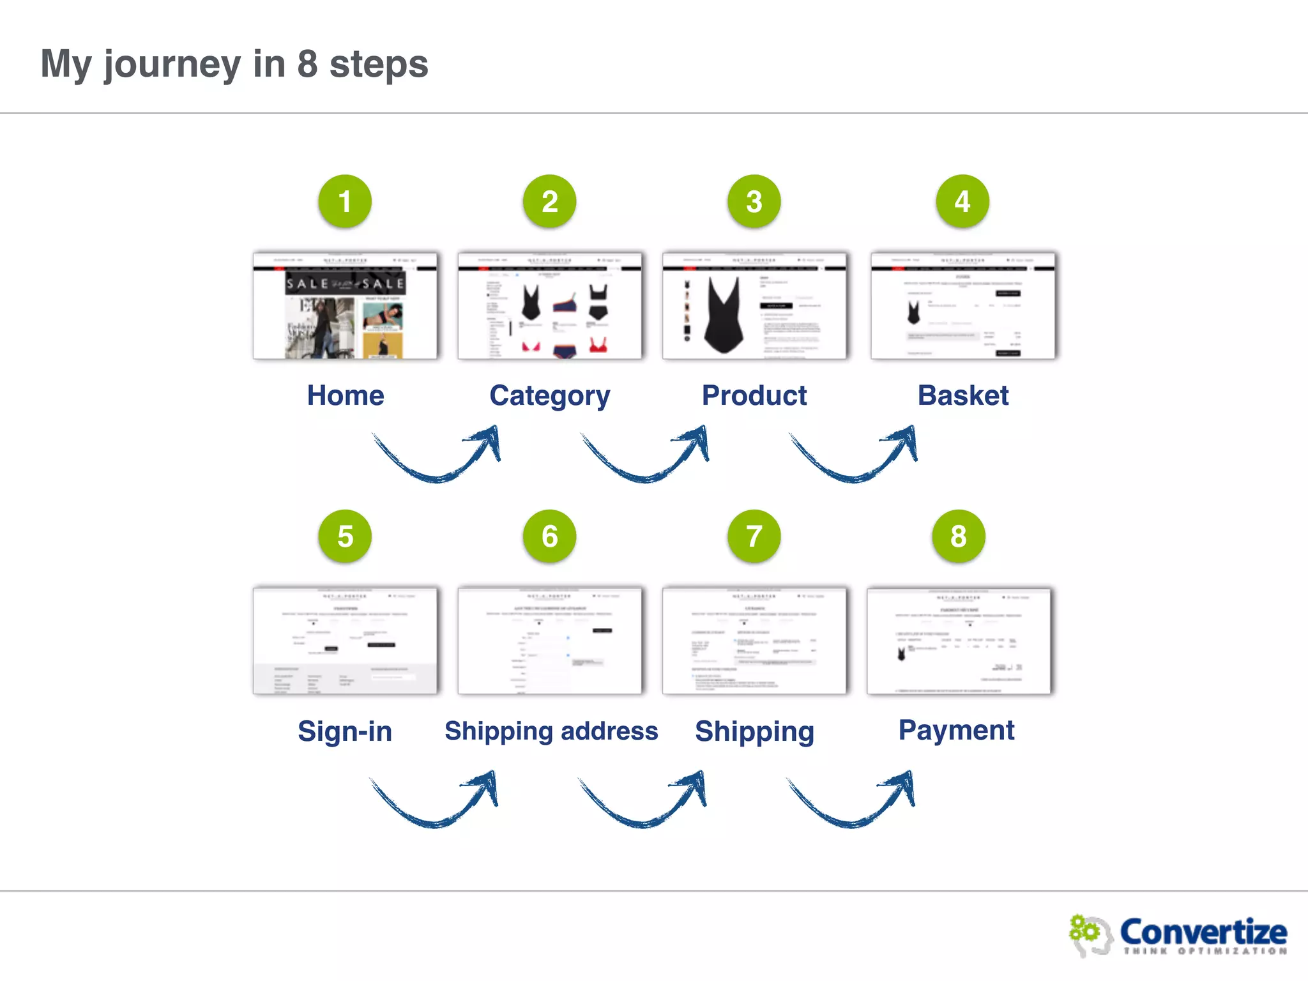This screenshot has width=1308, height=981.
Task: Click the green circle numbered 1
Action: pyautogui.click(x=345, y=202)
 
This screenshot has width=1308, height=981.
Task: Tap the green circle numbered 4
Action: pyautogui.click(x=962, y=202)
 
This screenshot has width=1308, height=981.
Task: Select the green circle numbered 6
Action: pyautogui.click(x=549, y=536)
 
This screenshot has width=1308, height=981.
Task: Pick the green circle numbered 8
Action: pyautogui.click(x=958, y=536)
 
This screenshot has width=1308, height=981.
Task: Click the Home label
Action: pyautogui.click(x=346, y=395)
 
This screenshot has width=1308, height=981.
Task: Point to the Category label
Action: pyautogui.click(x=550, y=396)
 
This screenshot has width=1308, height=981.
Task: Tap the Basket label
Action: pyautogui.click(x=963, y=395)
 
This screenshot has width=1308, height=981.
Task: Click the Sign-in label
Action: pyautogui.click(x=345, y=731)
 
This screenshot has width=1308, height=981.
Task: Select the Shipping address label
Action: pyautogui.click(x=551, y=731)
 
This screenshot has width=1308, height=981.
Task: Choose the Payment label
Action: pyautogui.click(x=956, y=730)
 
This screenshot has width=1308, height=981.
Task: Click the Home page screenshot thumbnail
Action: pyautogui.click(x=345, y=306)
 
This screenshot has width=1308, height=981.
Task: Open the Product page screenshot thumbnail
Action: pyautogui.click(x=754, y=306)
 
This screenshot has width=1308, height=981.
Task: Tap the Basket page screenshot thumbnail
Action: pyautogui.click(x=962, y=306)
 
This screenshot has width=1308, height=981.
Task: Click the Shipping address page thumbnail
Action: pyautogui.click(x=549, y=641)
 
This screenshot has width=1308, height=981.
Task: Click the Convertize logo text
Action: pyautogui.click(x=1203, y=932)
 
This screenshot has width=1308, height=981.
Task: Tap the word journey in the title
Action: pyautogui.click(x=172, y=65)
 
